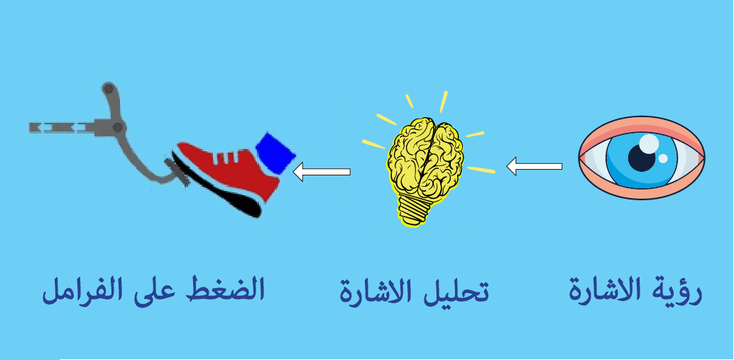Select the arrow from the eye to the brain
click(534, 167)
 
